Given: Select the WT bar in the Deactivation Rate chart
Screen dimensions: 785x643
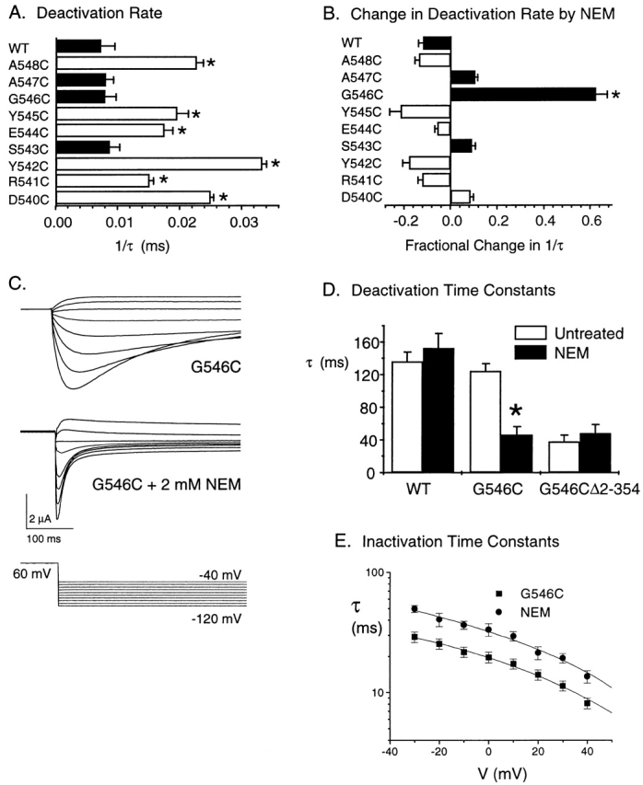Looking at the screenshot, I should [x=78, y=46].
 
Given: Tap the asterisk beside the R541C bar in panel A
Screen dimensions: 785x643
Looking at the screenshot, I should [x=164, y=180].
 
